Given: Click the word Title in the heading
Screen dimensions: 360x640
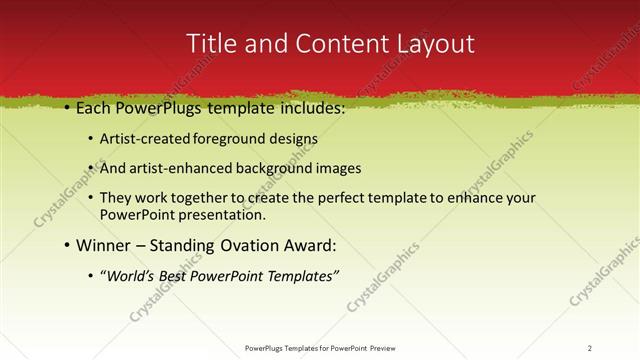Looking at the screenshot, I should [212, 43].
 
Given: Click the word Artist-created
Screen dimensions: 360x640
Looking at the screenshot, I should [142, 139].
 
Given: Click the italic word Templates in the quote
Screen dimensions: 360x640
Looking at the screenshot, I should [305, 276].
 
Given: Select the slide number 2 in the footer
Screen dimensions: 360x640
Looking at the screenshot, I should [590, 348].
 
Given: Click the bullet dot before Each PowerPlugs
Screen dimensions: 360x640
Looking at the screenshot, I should [66, 108].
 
